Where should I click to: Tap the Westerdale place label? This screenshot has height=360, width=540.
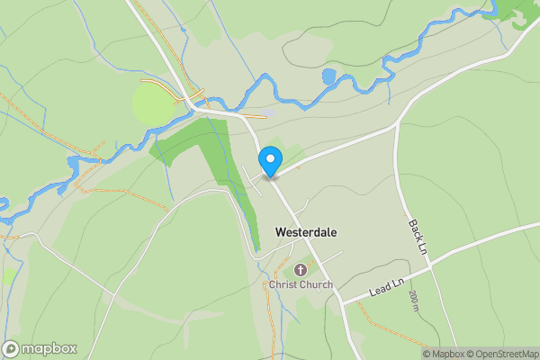[x=306, y=232]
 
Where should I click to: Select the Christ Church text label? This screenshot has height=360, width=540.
[x=301, y=285]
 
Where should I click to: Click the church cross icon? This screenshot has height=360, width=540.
[x=300, y=269]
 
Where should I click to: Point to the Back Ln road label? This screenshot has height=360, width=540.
[x=417, y=235]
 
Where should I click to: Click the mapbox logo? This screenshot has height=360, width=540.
[x=40, y=348]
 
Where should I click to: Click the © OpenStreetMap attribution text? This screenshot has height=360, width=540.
[x=503, y=354]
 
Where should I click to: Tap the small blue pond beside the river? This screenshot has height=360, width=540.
[x=328, y=76]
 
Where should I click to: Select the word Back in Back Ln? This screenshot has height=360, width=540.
[x=415, y=229]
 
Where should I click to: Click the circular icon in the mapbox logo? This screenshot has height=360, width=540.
[x=12, y=348]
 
